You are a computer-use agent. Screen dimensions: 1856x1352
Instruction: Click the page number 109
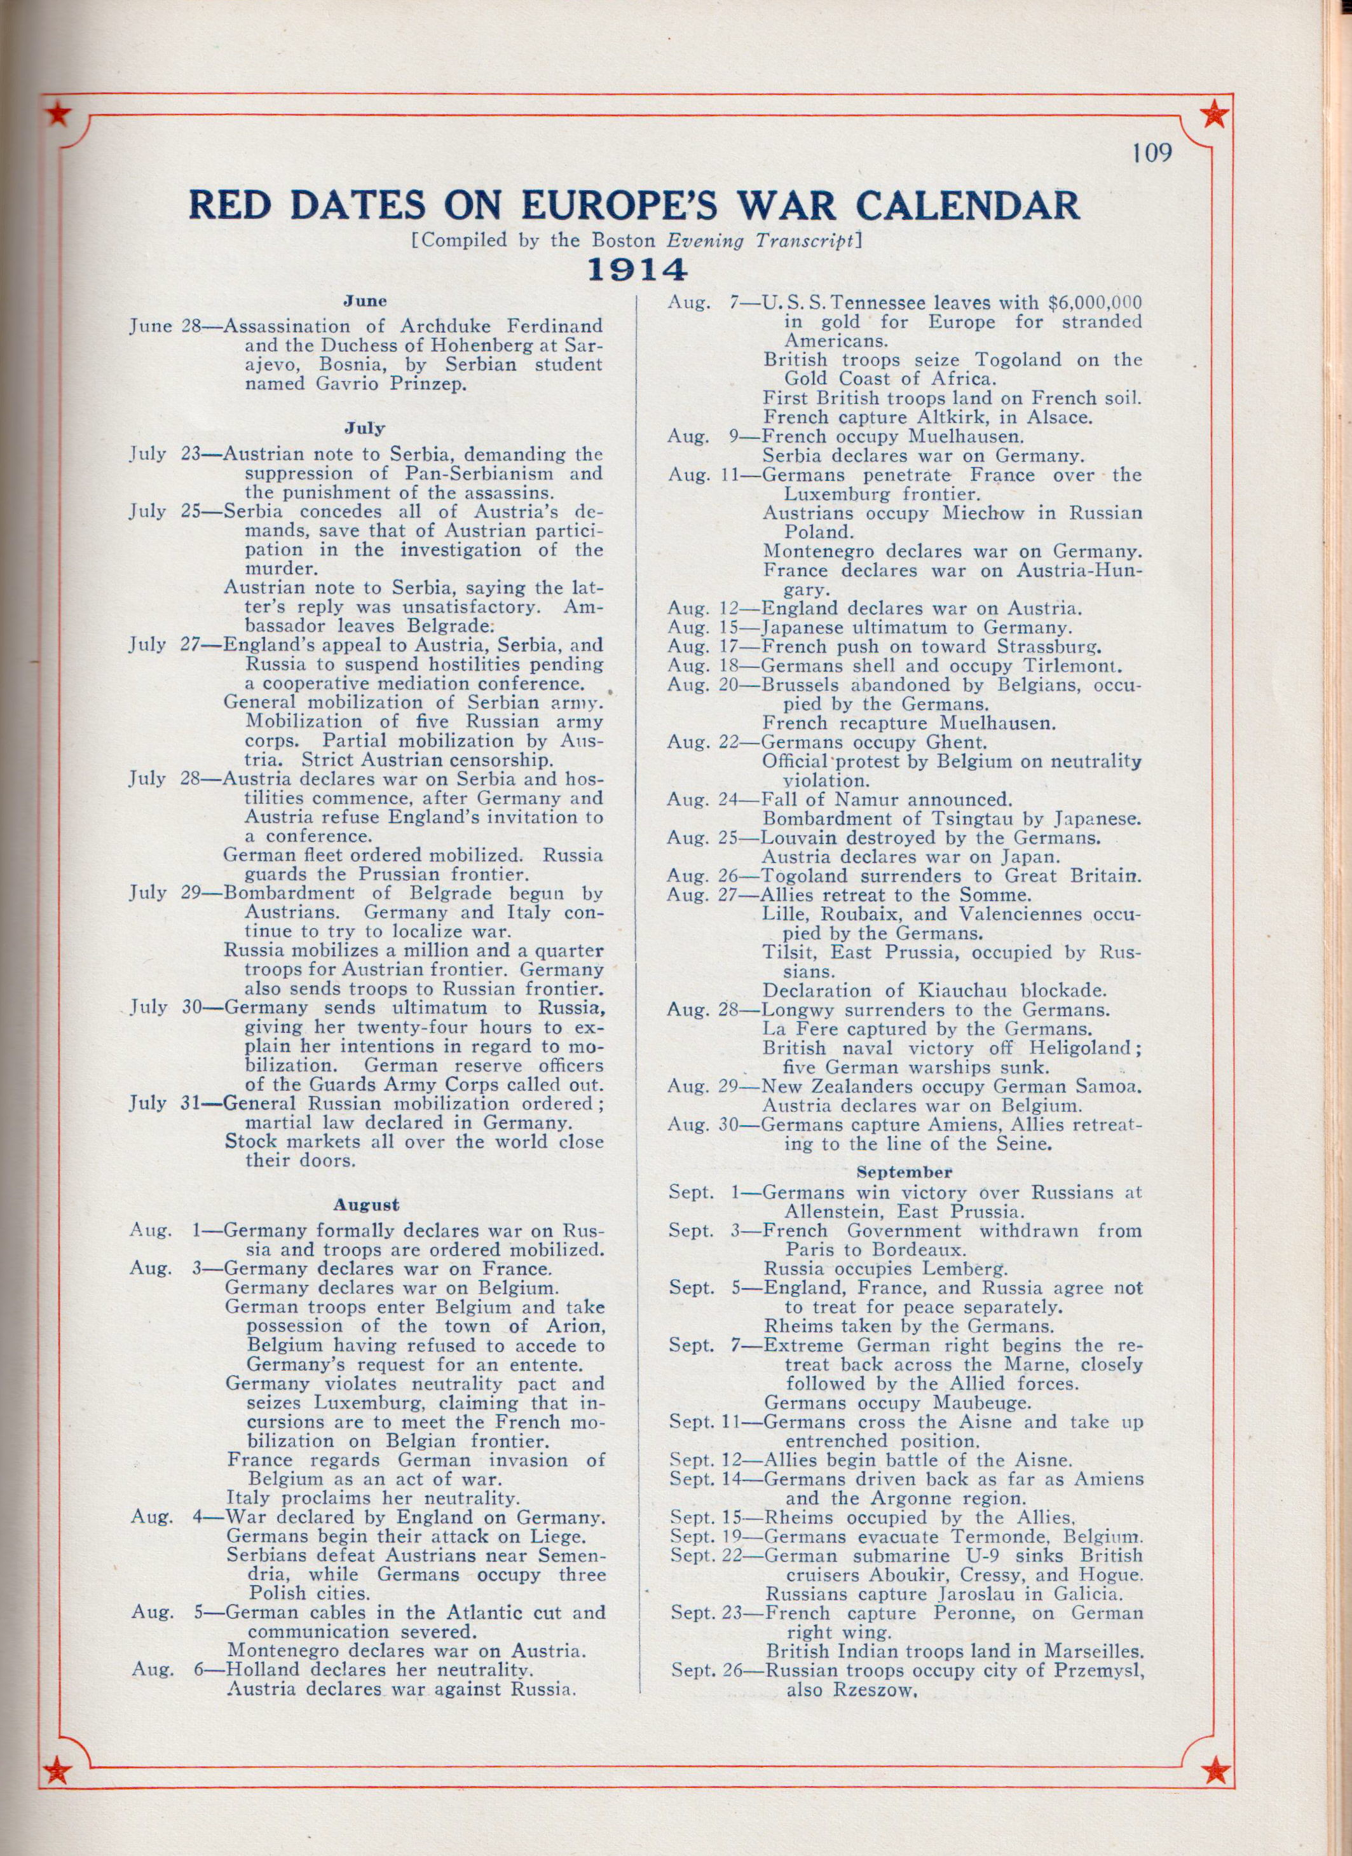point(1152,153)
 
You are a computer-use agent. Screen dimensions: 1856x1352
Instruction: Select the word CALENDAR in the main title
point(964,205)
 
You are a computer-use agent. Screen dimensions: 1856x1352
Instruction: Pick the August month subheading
point(366,1204)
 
